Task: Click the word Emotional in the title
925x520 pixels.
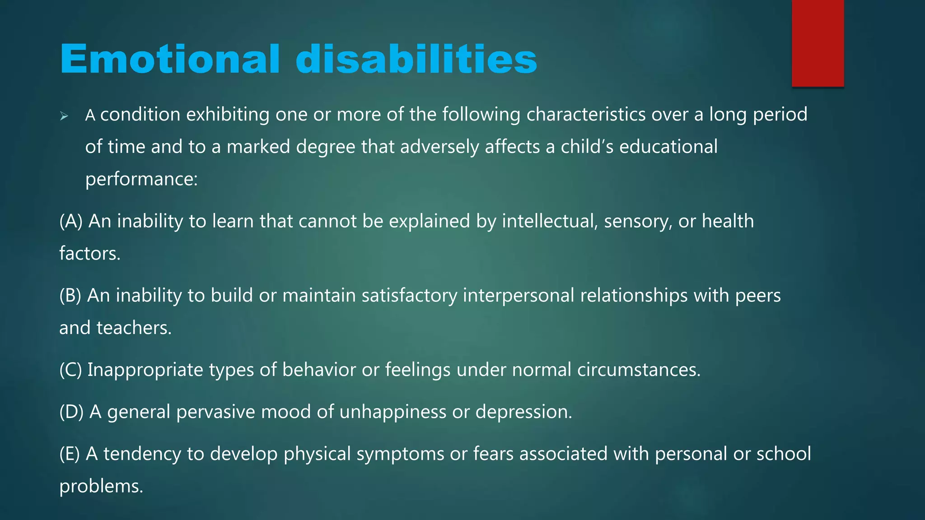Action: click(170, 59)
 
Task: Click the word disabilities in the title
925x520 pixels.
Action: click(416, 59)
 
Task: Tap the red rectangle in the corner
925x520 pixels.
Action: click(818, 43)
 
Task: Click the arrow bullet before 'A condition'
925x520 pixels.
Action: click(64, 116)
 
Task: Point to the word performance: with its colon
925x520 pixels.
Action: click(141, 179)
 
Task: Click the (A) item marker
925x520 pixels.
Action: click(71, 222)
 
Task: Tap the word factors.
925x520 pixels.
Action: click(90, 254)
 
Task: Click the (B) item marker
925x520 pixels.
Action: click(70, 296)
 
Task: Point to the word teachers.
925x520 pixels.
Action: click(134, 328)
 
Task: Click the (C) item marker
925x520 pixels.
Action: click(70, 370)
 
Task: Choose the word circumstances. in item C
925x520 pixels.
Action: click(639, 370)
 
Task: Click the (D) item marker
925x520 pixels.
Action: click(71, 412)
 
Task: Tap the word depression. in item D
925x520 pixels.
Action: click(523, 412)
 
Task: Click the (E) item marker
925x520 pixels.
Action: click(70, 454)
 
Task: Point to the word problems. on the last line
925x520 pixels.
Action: click(101, 487)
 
